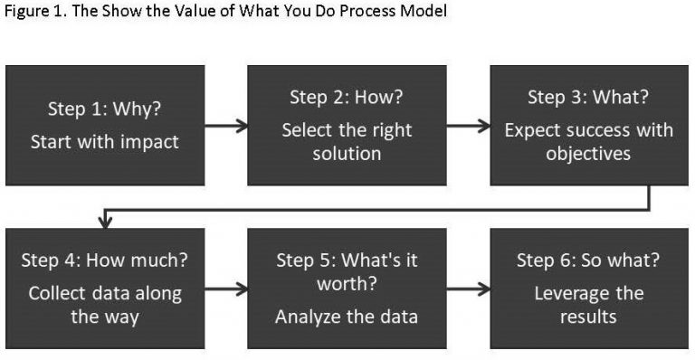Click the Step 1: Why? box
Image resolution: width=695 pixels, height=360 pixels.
[105, 126]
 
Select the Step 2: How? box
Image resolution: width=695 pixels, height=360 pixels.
[347, 126]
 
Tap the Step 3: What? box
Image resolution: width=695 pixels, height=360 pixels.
[588, 126]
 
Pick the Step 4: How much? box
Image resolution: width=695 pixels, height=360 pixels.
[105, 288]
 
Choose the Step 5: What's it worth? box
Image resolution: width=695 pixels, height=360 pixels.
[347, 288]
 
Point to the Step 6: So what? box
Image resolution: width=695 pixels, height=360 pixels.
[588, 288]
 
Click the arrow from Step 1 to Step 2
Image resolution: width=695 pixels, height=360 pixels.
[226, 127]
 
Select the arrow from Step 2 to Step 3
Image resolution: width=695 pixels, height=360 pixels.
[468, 127]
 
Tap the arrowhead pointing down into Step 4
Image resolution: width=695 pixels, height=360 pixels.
[106, 220]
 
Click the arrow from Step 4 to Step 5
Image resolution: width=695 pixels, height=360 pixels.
[226, 289]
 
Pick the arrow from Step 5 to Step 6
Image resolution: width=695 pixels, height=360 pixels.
[468, 289]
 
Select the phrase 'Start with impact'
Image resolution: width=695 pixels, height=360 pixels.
[105, 142]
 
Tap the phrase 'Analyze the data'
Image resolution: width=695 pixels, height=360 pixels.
[347, 317]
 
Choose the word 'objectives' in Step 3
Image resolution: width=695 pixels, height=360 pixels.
[588, 154]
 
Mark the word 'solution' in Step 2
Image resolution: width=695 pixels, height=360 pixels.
[347, 154]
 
